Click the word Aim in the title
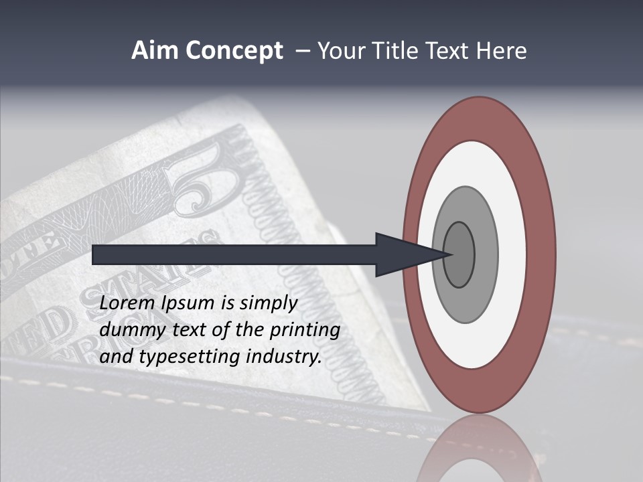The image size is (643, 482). click(x=155, y=51)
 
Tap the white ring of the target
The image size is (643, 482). click(x=512, y=254)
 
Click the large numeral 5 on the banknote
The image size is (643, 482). click(x=208, y=181)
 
